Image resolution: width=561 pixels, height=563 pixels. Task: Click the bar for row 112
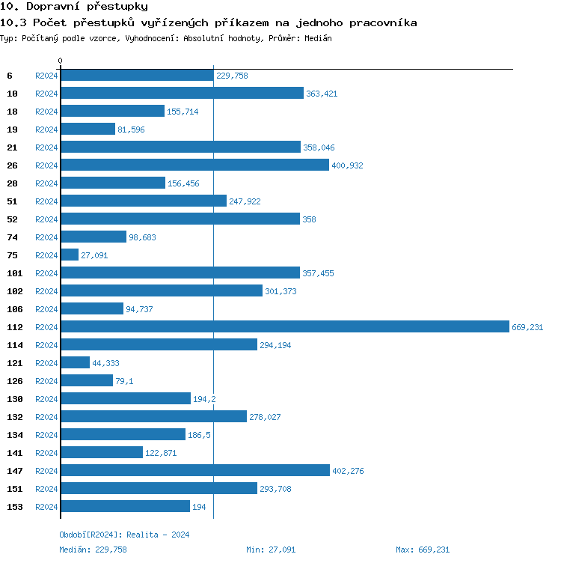284,326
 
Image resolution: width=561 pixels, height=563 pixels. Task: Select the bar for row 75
70,255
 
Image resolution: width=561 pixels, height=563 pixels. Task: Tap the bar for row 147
194,470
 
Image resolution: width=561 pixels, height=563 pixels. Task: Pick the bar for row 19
88,129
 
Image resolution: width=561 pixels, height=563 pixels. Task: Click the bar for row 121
75,362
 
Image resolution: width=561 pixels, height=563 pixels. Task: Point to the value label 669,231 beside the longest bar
527,327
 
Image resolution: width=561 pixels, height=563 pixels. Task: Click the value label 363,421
322,94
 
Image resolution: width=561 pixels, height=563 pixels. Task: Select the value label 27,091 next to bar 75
94,255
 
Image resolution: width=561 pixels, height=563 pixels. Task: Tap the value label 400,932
347,165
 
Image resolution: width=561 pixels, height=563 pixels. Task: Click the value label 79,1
124,381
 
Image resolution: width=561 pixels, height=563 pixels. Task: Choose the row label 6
10,76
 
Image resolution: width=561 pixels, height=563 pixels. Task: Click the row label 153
14,507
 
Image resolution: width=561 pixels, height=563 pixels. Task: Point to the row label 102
14,291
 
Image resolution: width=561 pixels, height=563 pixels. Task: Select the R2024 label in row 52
46,219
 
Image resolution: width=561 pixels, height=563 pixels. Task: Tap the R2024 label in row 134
46,435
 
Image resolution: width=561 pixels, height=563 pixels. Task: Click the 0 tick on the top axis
61,61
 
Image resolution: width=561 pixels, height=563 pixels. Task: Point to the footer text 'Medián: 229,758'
93,550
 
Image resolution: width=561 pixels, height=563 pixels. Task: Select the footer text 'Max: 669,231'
423,550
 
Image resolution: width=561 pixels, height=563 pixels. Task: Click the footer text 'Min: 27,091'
271,550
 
